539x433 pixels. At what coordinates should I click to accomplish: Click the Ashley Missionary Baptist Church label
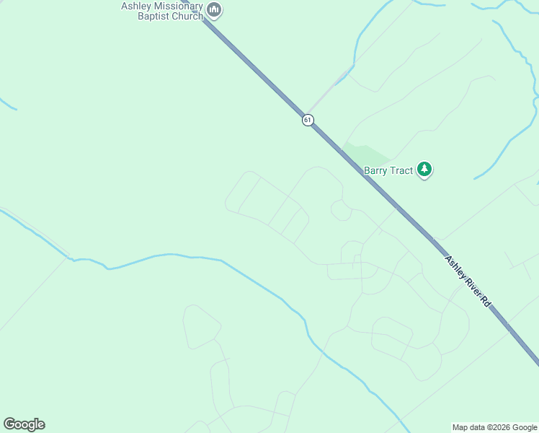click(x=162, y=11)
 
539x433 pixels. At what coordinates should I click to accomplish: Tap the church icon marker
click(x=214, y=10)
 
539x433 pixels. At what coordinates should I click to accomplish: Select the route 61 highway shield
click(x=308, y=120)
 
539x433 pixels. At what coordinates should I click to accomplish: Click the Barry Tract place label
click(x=388, y=170)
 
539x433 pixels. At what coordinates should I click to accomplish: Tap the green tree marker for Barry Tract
click(x=425, y=170)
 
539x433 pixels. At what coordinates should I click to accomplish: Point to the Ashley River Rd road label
click(x=468, y=281)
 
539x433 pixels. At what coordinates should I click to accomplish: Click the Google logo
click(x=24, y=424)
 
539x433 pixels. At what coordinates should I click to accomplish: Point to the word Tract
click(x=401, y=170)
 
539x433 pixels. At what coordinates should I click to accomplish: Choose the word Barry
click(x=376, y=170)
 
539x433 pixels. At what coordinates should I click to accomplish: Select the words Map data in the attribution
click(x=468, y=427)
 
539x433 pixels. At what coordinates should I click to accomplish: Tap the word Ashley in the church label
click(x=135, y=6)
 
